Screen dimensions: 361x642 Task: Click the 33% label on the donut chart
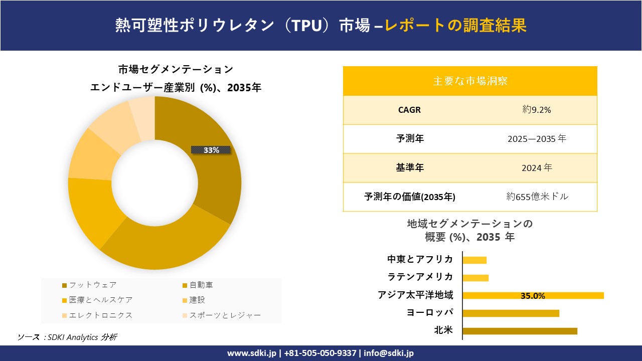coord(211,150)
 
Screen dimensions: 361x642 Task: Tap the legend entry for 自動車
coord(201,285)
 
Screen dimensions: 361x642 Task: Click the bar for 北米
coord(520,331)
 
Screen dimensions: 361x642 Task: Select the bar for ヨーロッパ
coord(511,313)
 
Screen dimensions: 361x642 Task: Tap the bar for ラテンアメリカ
coord(475,278)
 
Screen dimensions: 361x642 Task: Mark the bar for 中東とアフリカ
coord(474,260)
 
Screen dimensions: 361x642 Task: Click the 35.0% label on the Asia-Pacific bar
coord(533,296)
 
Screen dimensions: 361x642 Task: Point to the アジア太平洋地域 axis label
coord(415,295)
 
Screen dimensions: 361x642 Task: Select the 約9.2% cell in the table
coord(537,110)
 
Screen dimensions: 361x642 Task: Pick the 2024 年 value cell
coord(537,168)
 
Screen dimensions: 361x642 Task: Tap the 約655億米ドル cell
coord(537,197)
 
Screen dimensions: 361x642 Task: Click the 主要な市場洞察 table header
coord(470,81)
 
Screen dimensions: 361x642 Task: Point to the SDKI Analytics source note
coord(67,337)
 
